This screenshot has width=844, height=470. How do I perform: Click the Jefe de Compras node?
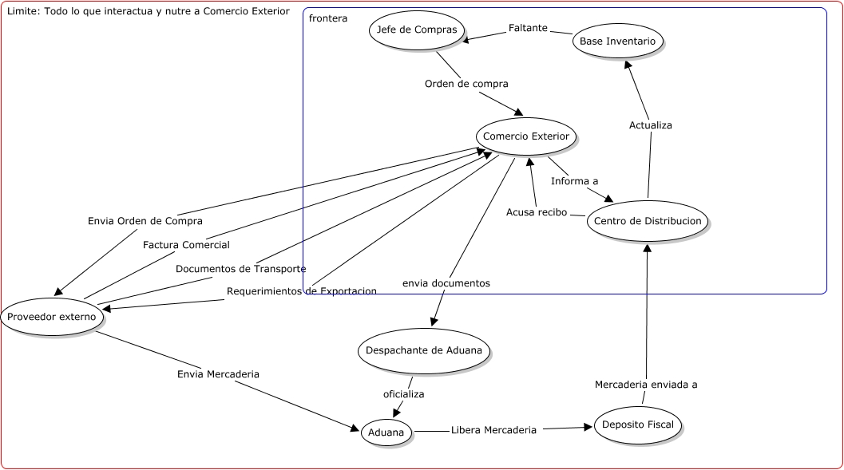coord(416,30)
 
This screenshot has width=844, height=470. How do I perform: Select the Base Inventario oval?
coord(618,41)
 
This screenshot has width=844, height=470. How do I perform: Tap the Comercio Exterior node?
coord(525,136)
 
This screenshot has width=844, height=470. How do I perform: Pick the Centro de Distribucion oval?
coord(647,221)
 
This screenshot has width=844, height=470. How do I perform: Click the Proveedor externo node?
coord(52,317)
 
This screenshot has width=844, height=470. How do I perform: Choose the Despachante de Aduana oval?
coord(424,350)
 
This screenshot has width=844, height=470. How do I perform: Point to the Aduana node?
coord(387,432)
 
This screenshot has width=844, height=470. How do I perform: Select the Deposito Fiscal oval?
coord(638,425)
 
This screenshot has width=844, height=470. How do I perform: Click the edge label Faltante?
coord(528,28)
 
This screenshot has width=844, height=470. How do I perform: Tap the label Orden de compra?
coord(466,83)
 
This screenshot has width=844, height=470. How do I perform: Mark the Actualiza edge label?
coord(650,125)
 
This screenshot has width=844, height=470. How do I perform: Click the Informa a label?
coord(574,181)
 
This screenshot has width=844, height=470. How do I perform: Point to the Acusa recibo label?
coord(537,212)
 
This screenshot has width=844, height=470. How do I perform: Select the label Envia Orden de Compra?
coord(145,221)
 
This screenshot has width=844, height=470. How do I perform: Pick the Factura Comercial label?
coord(186,245)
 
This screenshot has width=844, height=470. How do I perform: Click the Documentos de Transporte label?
coord(240,269)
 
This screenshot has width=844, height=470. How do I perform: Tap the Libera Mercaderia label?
coord(493,430)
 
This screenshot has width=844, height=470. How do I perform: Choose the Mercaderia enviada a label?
coord(646,385)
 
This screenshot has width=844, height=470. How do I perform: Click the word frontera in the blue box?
coord(328,18)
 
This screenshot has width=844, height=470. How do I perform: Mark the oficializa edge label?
coord(403,394)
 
